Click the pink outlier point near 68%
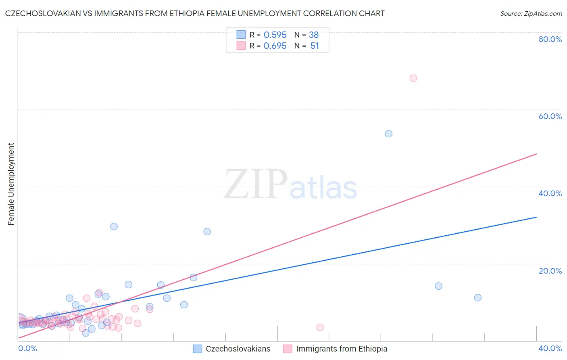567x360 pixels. (x=413, y=78)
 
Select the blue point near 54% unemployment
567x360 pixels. (x=388, y=134)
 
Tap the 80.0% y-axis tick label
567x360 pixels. (x=550, y=39)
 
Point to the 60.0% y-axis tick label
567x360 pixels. (x=550, y=116)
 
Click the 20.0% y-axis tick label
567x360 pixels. (x=550, y=271)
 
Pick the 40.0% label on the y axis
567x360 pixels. (x=550, y=193)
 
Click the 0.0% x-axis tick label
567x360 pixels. (x=27, y=348)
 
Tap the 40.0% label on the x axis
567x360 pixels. (x=550, y=348)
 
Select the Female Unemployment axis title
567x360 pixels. (x=11, y=184)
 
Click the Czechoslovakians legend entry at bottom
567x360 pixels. (x=238, y=349)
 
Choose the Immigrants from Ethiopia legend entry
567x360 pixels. (x=341, y=349)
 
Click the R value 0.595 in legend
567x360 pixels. (x=275, y=35)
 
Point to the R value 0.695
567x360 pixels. (x=275, y=46)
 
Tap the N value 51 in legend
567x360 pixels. (x=315, y=46)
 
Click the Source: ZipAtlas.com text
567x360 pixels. (x=531, y=14)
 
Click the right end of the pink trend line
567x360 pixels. (x=536, y=154)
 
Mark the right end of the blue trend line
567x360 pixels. (x=536, y=217)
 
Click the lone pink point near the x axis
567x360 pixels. (x=320, y=327)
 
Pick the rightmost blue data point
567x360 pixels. (x=478, y=297)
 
